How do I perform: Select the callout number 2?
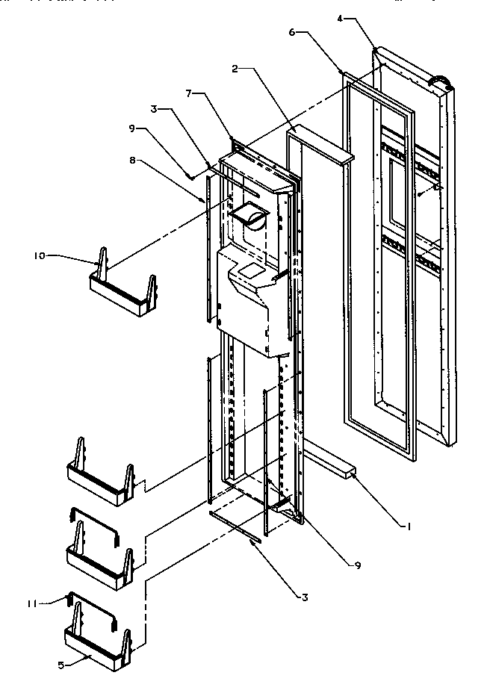[x=235, y=69]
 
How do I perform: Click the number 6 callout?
[x=292, y=32]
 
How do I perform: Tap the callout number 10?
[x=38, y=256]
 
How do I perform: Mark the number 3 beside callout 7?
[x=155, y=110]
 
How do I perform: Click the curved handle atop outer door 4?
[x=440, y=77]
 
